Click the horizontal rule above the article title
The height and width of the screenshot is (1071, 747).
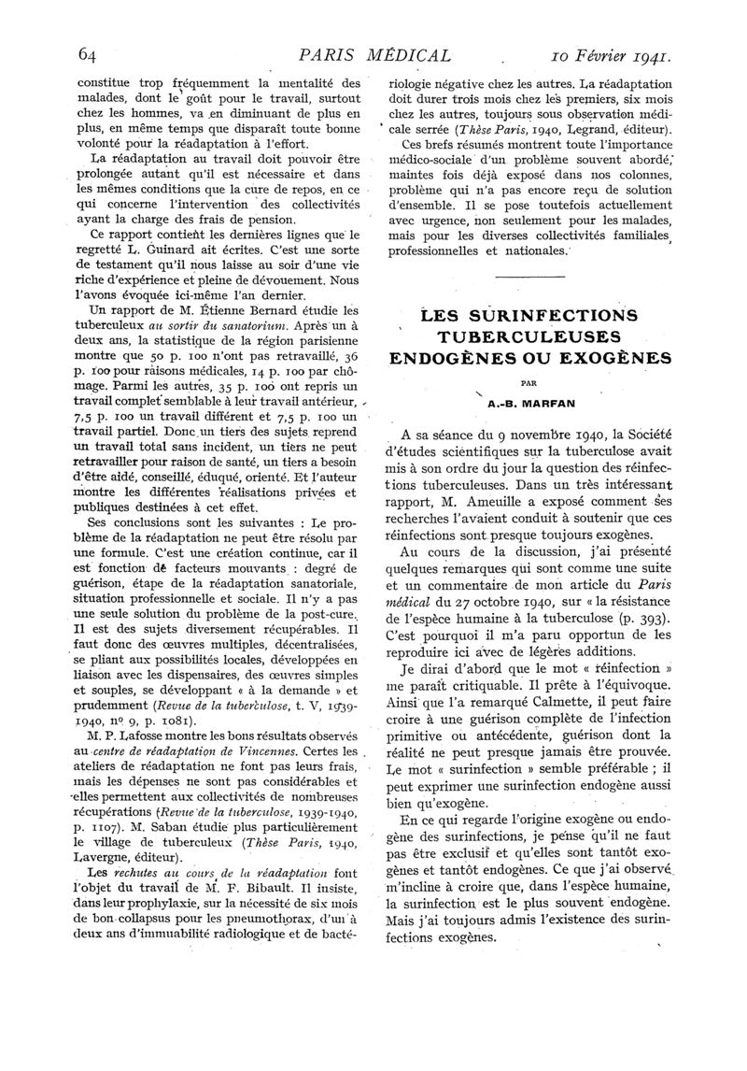pyautogui.click(x=529, y=278)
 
